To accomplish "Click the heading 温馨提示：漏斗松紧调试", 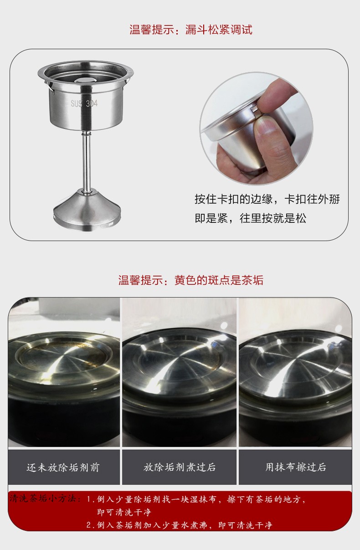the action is pyautogui.click(x=191, y=30).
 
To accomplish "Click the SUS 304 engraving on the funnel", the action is pyautogui.click(x=84, y=103).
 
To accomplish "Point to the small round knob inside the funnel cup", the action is pyautogui.click(x=84, y=80).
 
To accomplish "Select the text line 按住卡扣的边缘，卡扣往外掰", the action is pyautogui.click(x=267, y=199).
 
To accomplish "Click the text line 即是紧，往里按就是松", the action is pyautogui.click(x=250, y=218).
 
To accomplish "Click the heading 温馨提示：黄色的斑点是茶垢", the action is pyautogui.click(x=191, y=280).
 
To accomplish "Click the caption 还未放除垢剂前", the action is pyautogui.click(x=63, y=467).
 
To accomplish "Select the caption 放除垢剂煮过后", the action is pyautogui.click(x=180, y=467).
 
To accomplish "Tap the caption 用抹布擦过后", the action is pyautogui.click(x=296, y=467).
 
